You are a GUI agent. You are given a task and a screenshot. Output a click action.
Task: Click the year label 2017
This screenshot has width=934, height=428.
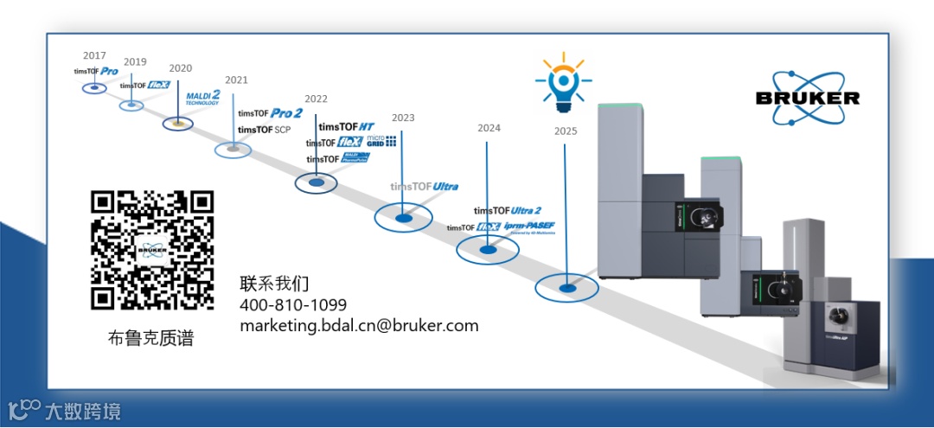pos(94,56)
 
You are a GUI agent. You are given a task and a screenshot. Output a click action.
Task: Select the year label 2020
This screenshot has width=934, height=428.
pos(181,68)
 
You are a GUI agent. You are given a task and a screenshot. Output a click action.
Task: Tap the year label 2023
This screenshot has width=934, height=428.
pos(403,118)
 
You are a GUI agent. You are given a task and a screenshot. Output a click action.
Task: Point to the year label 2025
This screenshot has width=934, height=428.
pos(566,131)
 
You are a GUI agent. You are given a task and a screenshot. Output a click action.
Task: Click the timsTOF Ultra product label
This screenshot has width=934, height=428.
pos(424,186)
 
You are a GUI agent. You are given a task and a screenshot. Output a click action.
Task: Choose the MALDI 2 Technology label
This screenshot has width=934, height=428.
pos(204,96)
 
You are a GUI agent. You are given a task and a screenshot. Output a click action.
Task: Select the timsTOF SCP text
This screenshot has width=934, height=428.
pos(264,130)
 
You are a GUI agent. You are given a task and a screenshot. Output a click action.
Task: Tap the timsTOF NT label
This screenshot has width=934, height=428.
pos(346,126)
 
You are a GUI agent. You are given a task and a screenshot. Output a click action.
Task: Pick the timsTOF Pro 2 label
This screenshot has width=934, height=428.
pos(270,113)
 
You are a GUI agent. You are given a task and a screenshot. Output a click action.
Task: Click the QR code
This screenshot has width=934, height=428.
pos(152,250)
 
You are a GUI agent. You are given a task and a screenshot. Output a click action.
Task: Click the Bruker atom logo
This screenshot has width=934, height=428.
pos(808,95)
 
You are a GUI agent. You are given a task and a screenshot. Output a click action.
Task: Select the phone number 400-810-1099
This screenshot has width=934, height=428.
pos(293,305)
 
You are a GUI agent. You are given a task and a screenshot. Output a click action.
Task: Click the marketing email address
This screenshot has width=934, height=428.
pos(359,326)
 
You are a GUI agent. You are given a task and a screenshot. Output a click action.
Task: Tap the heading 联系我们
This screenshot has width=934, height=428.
pos(274,284)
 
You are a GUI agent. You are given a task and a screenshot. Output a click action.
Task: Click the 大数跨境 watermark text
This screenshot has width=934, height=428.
pos(83,411)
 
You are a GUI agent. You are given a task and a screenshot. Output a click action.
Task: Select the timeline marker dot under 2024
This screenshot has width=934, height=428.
pos(488,250)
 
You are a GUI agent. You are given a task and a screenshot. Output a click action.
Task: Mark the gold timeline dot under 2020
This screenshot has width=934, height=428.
pos(178,124)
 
